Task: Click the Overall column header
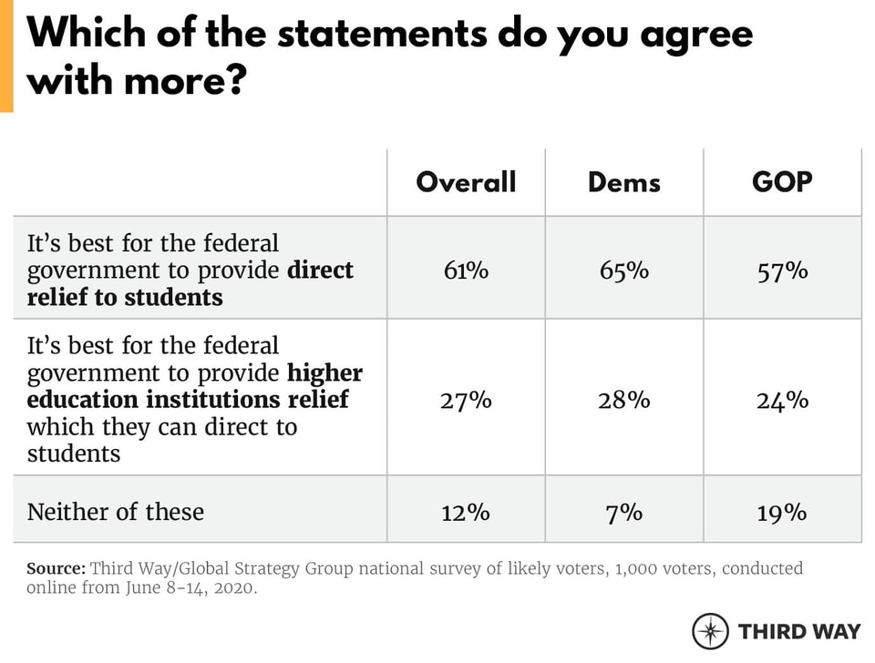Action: [x=466, y=182]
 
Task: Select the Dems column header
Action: [x=624, y=182]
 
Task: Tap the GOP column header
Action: [x=782, y=182]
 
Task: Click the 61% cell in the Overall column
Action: [x=466, y=270]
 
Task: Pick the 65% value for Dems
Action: [x=624, y=270]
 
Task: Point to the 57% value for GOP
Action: [x=782, y=270]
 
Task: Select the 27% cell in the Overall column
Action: [x=466, y=400]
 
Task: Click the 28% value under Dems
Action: [x=624, y=400]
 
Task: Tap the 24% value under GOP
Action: [x=782, y=400]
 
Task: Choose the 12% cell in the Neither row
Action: [x=466, y=512]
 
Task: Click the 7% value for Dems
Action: [x=624, y=512]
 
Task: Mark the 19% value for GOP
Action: [x=782, y=512]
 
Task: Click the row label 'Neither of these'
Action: [x=115, y=512]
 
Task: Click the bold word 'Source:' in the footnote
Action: [x=56, y=568]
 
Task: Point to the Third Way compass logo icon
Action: [x=710, y=631]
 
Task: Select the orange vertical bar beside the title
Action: [x=6, y=56]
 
